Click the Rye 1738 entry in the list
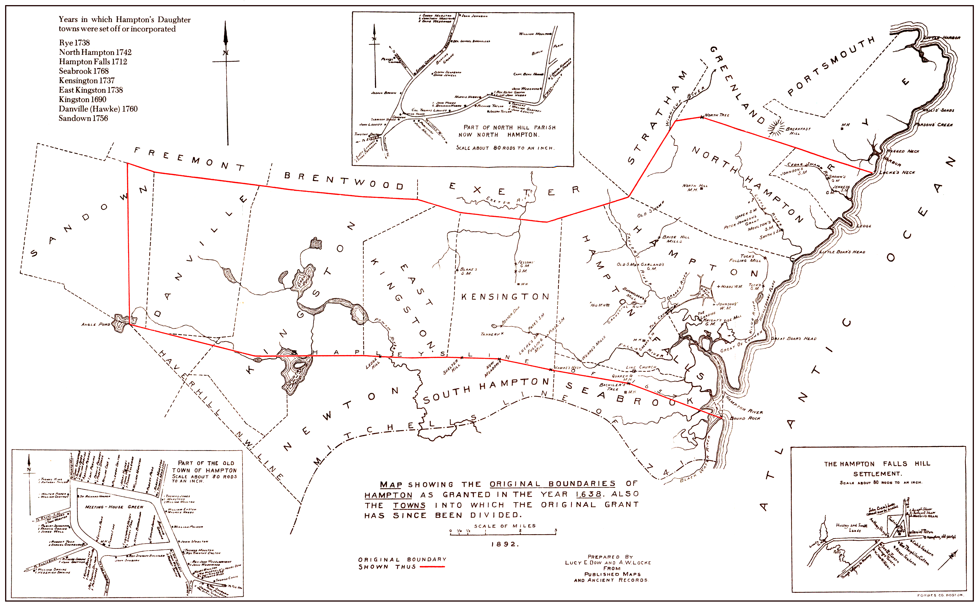click(74, 43)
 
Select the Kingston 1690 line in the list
click(82, 99)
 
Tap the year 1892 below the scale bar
click(505, 544)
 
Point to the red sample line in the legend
click(432, 567)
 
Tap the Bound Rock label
click(745, 418)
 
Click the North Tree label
click(717, 115)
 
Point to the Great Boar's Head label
click(793, 339)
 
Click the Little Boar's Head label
click(842, 252)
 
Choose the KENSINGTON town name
click(505, 297)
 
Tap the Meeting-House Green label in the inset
click(114, 507)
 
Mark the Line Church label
click(641, 367)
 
